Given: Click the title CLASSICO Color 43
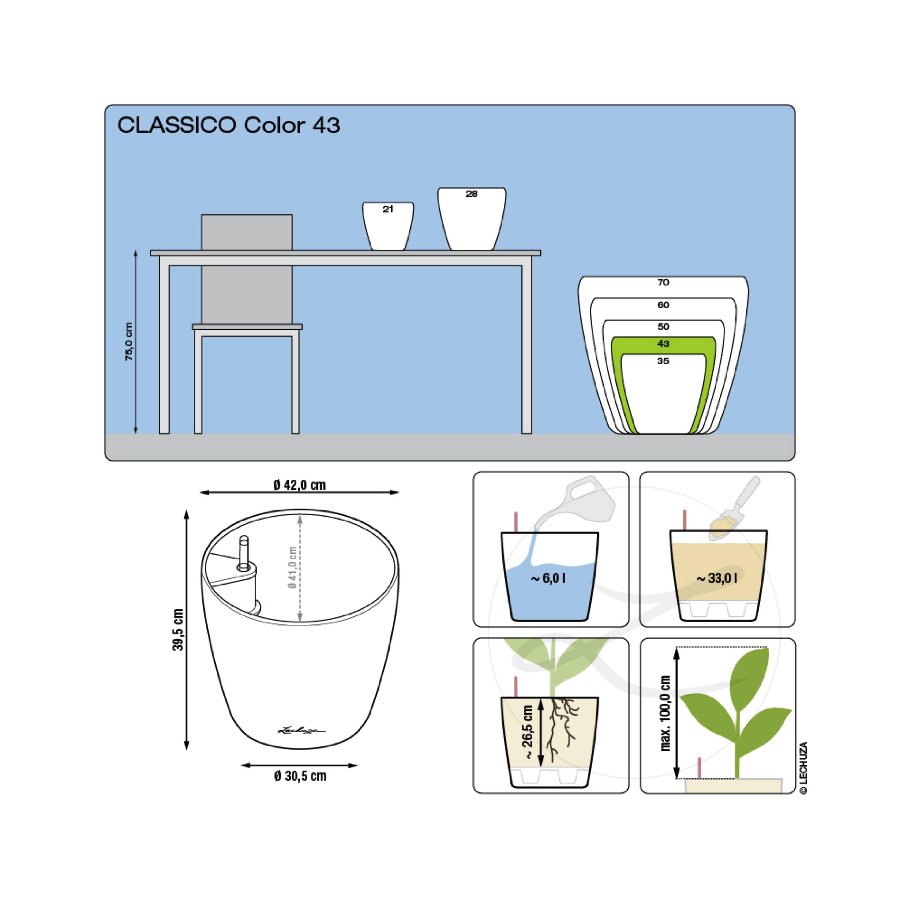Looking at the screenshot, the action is (x=229, y=125).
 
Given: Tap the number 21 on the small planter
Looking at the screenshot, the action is (x=388, y=209).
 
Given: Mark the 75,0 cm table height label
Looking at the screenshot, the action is (x=129, y=341).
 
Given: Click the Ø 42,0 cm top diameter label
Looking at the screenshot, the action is (x=300, y=485).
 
